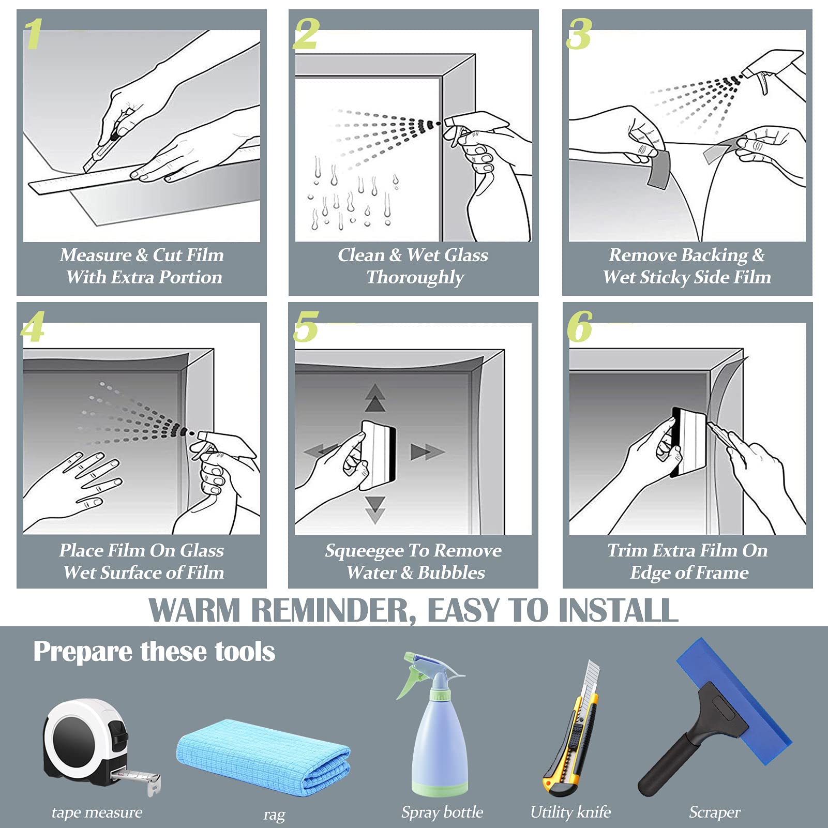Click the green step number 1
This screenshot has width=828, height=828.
click(34, 34)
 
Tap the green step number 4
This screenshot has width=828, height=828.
click(33, 327)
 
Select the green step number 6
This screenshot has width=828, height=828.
click(579, 327)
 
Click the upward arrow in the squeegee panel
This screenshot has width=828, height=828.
click(375, 398)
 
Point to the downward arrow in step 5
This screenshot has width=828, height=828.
click(375, 510)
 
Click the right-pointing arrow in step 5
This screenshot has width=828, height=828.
click(427, 451)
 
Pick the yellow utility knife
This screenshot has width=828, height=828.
click(571, 729)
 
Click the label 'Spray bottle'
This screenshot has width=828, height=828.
click(442, 812)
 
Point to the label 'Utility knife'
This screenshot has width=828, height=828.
click(570, 812)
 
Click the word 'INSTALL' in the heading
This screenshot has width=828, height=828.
click(619, 610)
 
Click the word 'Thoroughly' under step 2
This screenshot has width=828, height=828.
click(415, 278)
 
